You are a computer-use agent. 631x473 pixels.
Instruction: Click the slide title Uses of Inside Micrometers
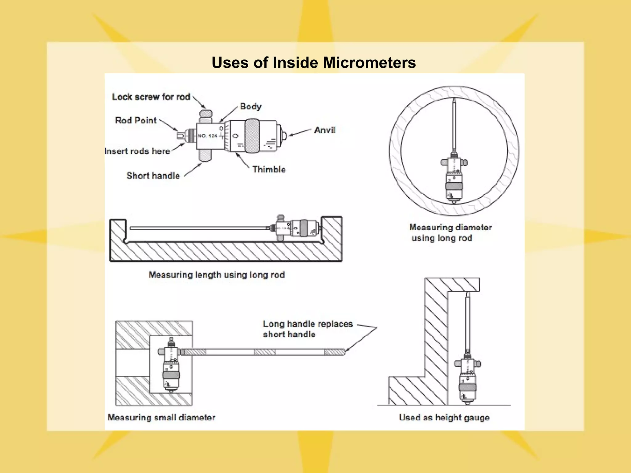[x=314, y=63]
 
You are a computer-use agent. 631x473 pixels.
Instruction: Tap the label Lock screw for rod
[x=151, y=97]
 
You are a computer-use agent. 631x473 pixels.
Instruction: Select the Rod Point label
[x=136, y=120]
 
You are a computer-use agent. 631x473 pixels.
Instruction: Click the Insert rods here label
[x=137, y=151]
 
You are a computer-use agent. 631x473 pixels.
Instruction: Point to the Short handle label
[x=153, y=176]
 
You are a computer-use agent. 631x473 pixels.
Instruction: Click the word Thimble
[x=269, y=169]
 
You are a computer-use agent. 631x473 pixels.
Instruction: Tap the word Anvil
[x=325, y=130]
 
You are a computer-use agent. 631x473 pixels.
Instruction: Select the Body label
[x=250, y=107]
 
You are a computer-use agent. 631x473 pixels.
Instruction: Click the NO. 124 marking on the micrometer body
[x=207, y=136]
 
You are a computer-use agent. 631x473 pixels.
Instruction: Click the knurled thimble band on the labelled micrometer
[x=252, y=136]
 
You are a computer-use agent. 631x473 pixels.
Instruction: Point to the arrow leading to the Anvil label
[x=299, y=133]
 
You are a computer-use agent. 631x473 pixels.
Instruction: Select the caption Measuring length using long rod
[x=217, y=275]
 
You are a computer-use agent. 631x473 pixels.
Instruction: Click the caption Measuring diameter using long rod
[x=450, y=232]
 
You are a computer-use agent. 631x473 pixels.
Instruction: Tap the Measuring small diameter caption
[x=161, y=418]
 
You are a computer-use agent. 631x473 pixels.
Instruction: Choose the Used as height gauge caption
[x=444, y=418]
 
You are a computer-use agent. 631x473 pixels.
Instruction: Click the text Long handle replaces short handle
[x=307, y=329]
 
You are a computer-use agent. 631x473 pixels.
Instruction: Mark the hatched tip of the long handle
[x=335, y=352]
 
